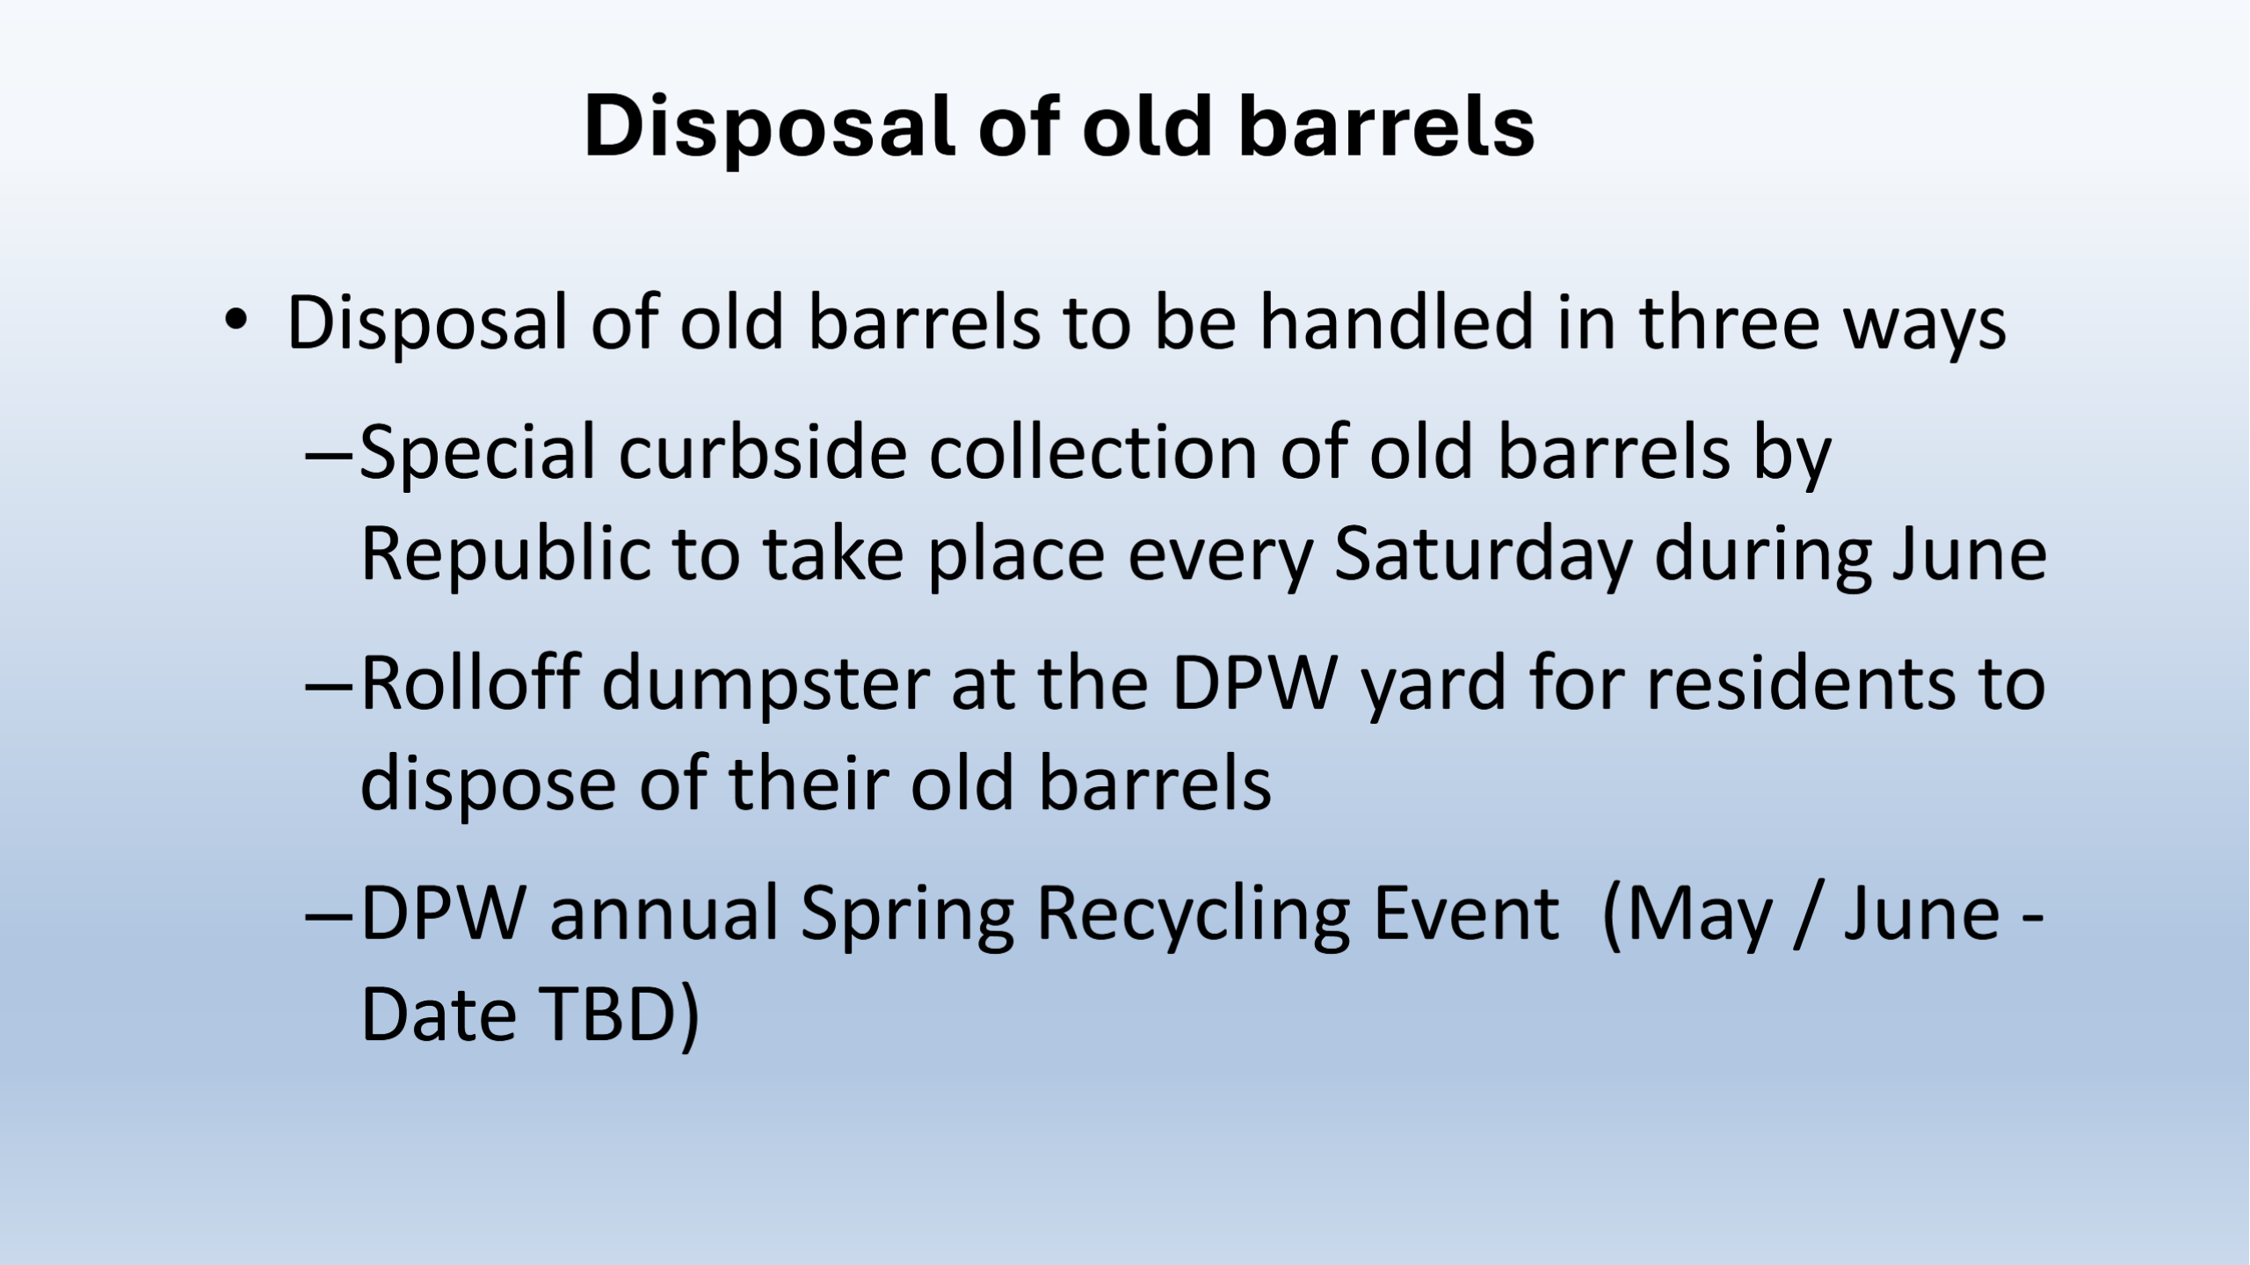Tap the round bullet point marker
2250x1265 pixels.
[235, 321]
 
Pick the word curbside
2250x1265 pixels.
[763, 452]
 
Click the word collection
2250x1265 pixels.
[1093, 452]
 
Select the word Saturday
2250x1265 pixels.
[1483, 556]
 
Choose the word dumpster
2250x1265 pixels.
[765, 685]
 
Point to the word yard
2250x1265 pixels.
[1433, 685]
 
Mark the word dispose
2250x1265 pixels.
[488, 784]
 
